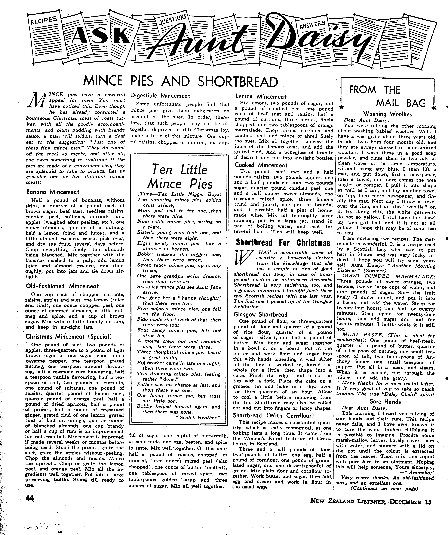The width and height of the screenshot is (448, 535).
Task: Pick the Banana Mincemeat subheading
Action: tap(53, 192)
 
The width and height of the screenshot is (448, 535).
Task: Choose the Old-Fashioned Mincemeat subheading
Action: tap(62, 286)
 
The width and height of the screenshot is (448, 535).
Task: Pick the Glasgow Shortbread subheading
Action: tap(261, 314)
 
